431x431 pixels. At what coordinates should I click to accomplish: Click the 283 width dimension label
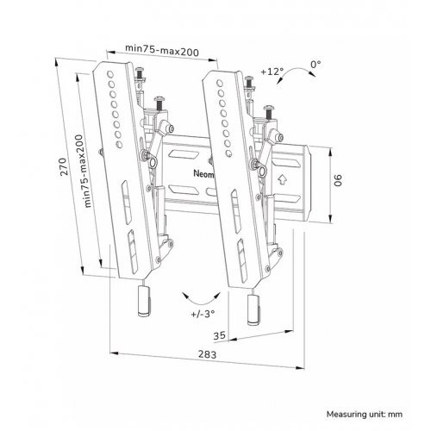[x=207, y=354]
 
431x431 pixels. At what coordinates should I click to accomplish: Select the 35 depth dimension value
[x=219, y=335]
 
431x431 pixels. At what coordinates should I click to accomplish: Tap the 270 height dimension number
[x=64, y=166]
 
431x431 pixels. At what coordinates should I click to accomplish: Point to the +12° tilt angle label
[x=272, y=72]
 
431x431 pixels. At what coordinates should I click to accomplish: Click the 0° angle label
[x=315, y=65]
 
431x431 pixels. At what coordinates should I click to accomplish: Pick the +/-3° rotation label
[x=203, y=314]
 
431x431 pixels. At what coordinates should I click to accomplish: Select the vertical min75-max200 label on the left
[x=84, y=171]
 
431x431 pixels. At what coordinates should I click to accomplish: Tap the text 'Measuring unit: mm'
[x=365, y=415]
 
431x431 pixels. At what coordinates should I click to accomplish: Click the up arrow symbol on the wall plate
[x=282, y=179]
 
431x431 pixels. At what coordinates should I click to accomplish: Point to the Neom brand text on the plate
[x=203, y=174]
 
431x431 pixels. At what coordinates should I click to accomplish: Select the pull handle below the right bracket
[x=254, y=309]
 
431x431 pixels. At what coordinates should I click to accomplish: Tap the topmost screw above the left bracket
[x=141, y=73]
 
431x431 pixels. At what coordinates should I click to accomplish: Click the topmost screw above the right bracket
[x=249, y=82]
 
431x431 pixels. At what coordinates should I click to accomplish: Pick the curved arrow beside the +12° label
[x=296, y=70]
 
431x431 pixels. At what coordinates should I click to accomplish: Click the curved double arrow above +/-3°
[x=201, y=301]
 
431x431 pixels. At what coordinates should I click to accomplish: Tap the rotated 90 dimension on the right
[x=338, y=180]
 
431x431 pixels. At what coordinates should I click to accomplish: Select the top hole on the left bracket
[x=109, y=74]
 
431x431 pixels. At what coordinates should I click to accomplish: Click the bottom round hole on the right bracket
[x=228, y=153]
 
